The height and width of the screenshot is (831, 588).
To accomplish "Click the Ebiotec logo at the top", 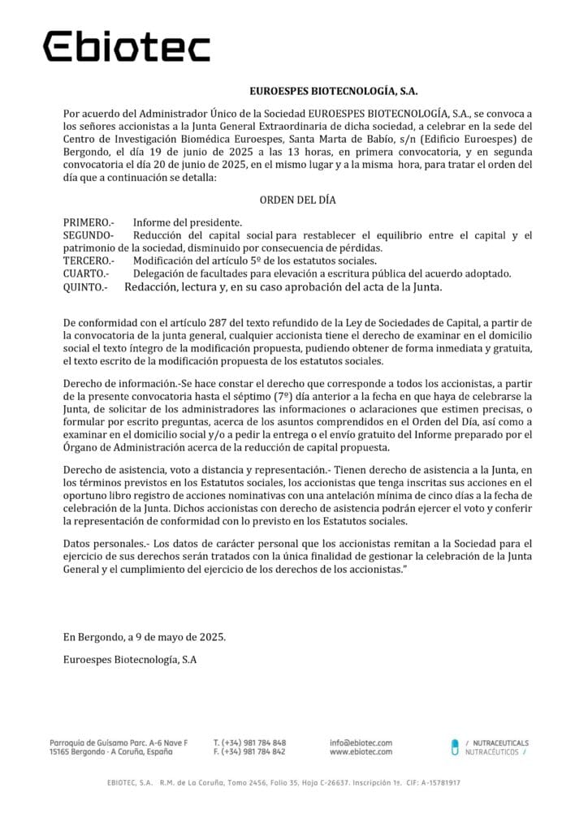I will point(126,46).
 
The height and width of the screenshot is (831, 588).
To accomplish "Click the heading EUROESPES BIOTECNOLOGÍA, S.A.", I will point(333,93).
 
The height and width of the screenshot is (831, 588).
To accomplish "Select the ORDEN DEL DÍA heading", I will point(298,200).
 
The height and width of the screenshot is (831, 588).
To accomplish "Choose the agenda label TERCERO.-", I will point(89,260).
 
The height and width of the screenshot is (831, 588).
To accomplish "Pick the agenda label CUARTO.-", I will point(85,273).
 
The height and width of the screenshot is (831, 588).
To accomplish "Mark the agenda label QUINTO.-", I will point(85,286).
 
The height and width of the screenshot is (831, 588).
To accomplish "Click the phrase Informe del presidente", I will point(187,222).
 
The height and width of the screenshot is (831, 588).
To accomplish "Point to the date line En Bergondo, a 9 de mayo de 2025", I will point(144,637).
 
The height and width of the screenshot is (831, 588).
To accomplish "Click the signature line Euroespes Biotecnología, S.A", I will point(129,660).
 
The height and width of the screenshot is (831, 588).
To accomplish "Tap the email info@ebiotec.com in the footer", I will point(361,743).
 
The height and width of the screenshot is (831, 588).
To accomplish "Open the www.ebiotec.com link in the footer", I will point(361,752).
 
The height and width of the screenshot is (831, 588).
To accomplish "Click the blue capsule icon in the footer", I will point(455,747).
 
